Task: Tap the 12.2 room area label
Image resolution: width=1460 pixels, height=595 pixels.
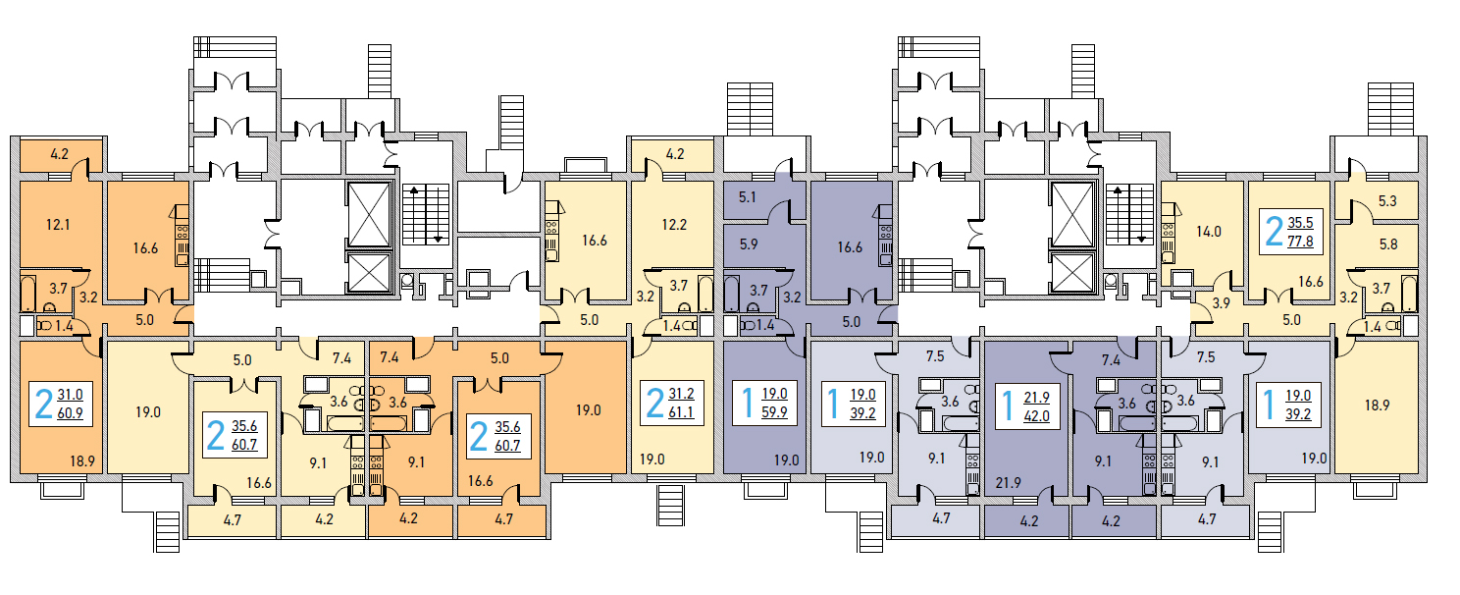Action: point(674,224)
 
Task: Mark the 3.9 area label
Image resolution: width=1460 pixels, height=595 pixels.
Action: point(1220,302)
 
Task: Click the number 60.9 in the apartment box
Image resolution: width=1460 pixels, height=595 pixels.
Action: point(70,412)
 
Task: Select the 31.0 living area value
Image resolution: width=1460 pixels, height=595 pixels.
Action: point(70,395)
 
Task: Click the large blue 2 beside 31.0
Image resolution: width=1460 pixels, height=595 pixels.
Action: point(44,404)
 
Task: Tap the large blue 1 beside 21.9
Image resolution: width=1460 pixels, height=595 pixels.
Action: point(1006,405)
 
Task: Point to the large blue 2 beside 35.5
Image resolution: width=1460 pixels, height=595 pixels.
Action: point(1274,231)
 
